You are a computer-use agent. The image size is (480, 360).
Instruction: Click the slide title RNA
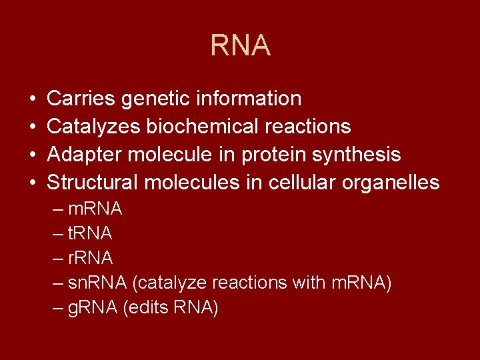(x=240, y=45)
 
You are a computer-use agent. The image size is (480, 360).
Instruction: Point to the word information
(x=249, y=99)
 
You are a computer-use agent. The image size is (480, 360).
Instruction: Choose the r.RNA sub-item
(x=91, y=258)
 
